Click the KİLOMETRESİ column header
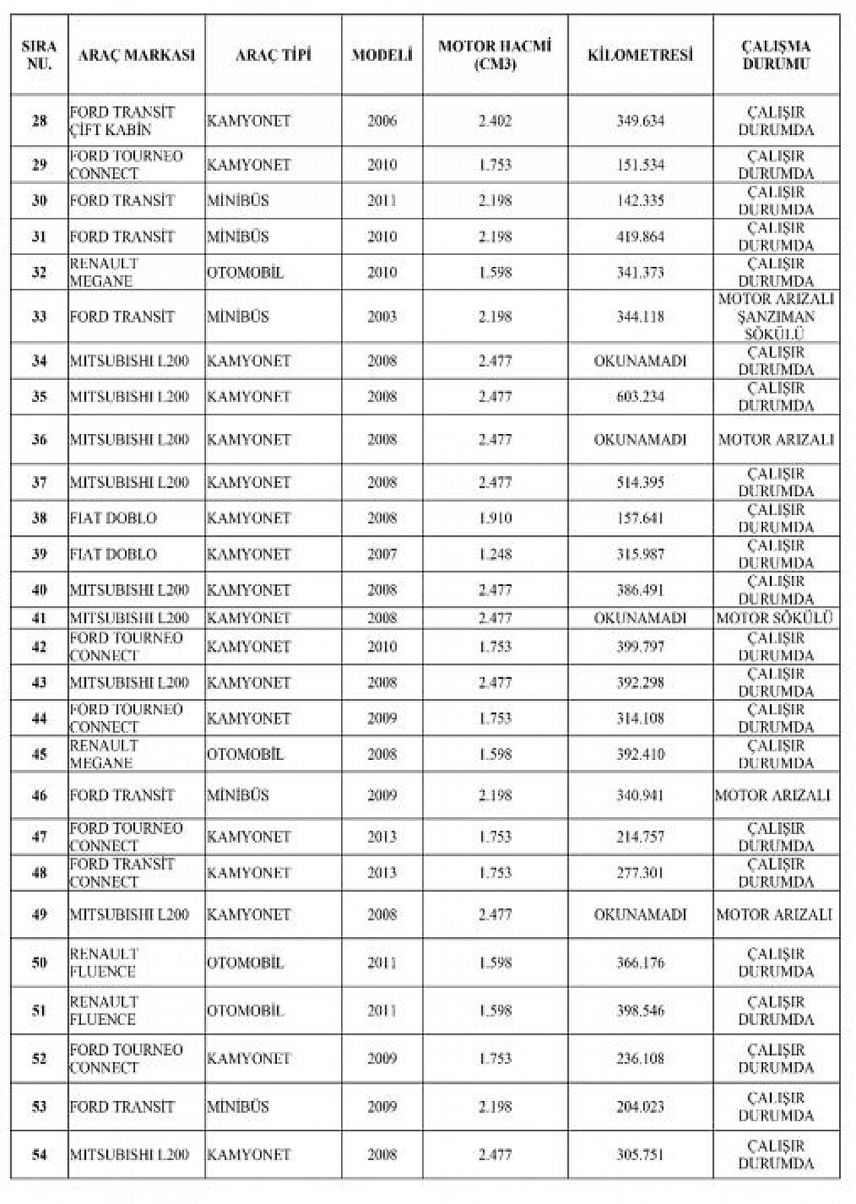pyautogui.click(x=640, y=55)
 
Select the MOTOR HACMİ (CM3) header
pyautogui.click(x=495, y=55)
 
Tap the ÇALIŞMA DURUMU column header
pyautogui.click(x=776, y=55)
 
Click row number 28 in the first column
pyautogui.click(x=39, y=121)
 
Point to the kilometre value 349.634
pyautogui.click(x=640, y=121)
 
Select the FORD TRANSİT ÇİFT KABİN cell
pyautogui.click(x=122, y=121)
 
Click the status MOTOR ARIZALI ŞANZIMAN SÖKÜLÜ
pyautogui.click(x=776, y=316)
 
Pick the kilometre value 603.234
pyautogui.click(x=640, y=397)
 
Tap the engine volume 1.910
pyautogui.click(x=495, y=518)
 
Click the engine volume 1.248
pyautogui.click(x=495, y=555)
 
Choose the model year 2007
pyautogui.click(x=382, y=555)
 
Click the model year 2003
pyautogui.click(x=382, y=316)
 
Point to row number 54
pyautogui.click(x=39, y=1155)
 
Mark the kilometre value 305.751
pyautogui.click(x=640, y=1155)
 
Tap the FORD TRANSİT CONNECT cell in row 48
pyautogui.click(x=122, y=873)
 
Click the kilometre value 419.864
pyautogui.click(x=640, y=237)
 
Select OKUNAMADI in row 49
pyautogui.click(x=640, y=914)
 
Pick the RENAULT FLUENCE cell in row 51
pyautogui.click(x=104, y=1011)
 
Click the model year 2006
pyautogui.click(x=382, y=121)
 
